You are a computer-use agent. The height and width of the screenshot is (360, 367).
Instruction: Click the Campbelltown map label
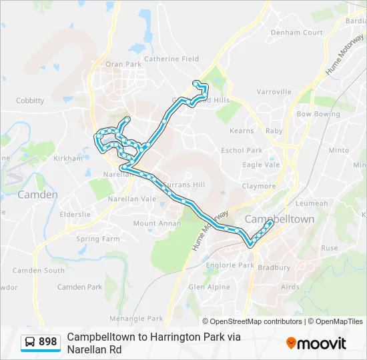point(279,219)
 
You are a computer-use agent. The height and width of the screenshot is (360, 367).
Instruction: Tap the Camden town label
point(37,195)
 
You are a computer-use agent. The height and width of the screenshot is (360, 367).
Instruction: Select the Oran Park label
point(123,64)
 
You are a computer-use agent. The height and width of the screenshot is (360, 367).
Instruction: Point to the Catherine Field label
point(171,59)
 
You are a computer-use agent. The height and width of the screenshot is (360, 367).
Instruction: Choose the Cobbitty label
point(30,101)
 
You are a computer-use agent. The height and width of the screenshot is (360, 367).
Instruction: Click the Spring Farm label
point(98,239)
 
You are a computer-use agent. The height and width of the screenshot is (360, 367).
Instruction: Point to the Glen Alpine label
point(209,287)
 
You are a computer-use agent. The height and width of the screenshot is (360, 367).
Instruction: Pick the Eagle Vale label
point(261,165)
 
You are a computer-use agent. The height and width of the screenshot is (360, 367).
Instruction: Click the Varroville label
point(274,91)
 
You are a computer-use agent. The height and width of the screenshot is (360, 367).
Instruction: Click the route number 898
point(47,342)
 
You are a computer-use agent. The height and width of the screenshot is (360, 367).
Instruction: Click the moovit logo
point(316,343)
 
